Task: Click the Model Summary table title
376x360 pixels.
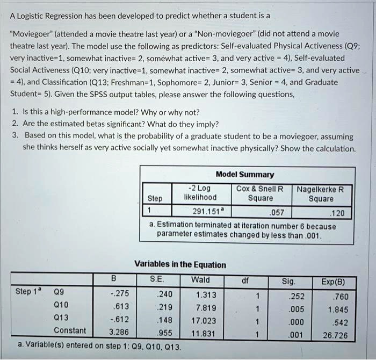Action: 244,174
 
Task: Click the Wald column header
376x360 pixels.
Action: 200,280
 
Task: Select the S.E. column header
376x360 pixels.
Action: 157,280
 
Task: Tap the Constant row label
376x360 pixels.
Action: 70,330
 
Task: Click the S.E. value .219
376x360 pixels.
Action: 164,306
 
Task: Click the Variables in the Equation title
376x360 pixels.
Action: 180,264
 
